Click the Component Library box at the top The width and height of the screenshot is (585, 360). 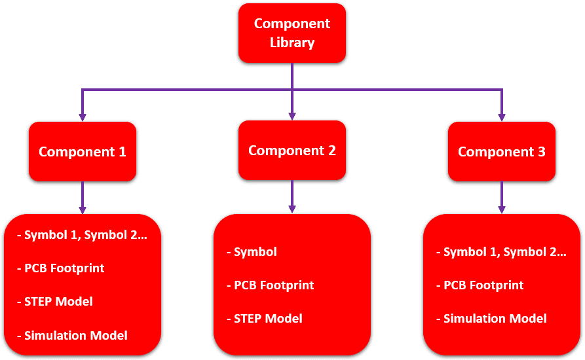[292, 33]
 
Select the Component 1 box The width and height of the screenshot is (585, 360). [83, 152]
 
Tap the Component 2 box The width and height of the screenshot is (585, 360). [292, 151]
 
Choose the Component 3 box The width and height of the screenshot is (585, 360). [502, 152]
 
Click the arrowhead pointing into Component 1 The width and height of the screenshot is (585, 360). [83, 117]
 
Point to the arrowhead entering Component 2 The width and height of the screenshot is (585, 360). [292, 115]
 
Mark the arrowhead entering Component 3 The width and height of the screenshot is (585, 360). [502, 117]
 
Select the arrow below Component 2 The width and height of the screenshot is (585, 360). [292, 196]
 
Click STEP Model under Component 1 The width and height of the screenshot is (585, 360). [58, 302]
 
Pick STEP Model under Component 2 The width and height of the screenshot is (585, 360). [268, 319]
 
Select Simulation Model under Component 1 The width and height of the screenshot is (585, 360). [75, 336]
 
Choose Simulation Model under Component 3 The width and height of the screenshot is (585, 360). [495, 319]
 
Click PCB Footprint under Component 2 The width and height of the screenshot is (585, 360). [274, 285]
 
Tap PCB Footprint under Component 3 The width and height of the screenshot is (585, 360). [483, 285]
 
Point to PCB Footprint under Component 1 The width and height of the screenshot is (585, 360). [64, 268]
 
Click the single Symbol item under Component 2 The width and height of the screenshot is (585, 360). [255, 252]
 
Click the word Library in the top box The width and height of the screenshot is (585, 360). [292, 43]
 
